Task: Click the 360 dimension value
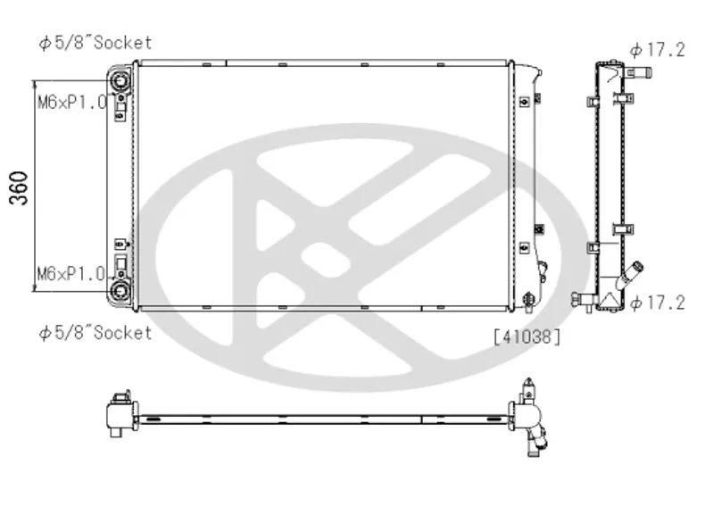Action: point(18,187)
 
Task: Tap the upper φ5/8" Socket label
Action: point(95,43)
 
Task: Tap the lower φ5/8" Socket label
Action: point(95,333)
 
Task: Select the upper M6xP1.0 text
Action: point(72,102)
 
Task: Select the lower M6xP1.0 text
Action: point(71,274)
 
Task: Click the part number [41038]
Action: point(527,337)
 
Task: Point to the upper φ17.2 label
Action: point(657,50)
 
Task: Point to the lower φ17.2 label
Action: point(657,303)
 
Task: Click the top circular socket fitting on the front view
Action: point(120,81)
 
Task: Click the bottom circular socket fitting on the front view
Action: point(120,290)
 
